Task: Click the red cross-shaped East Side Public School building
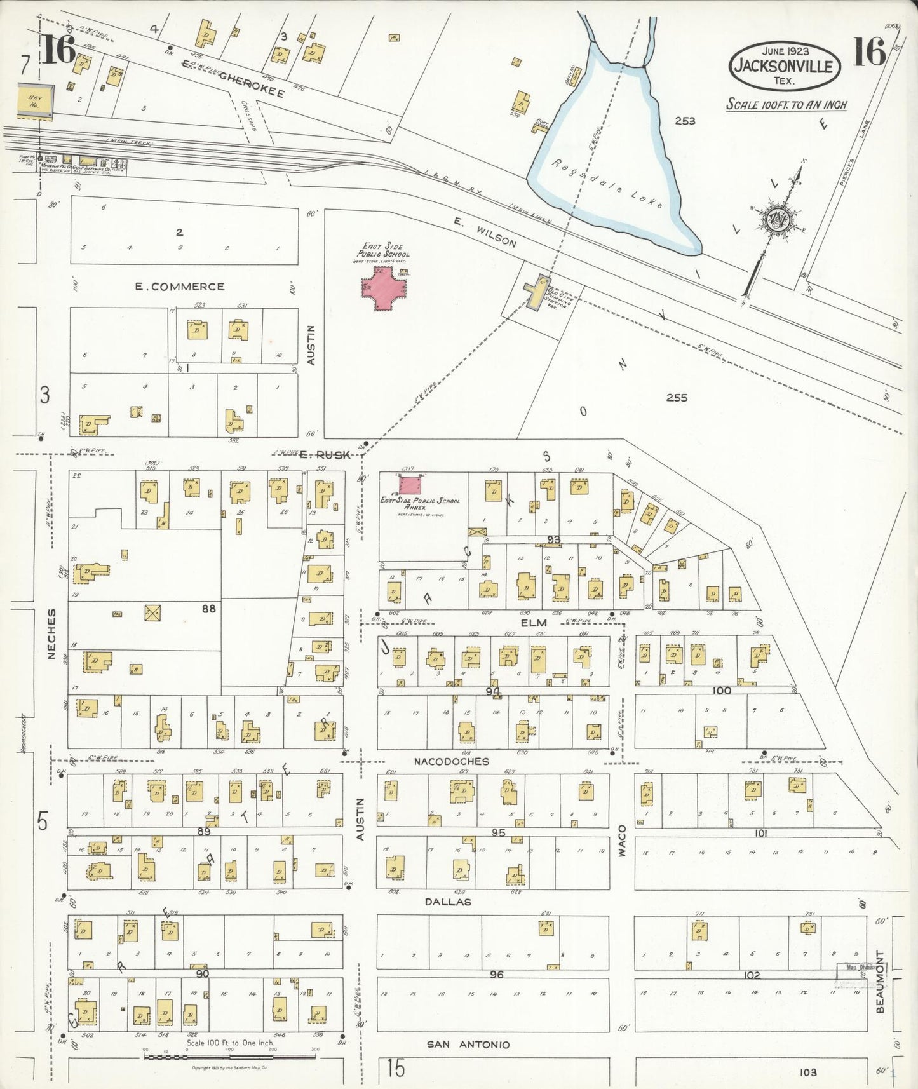pyautogui.click(x=384, y=289)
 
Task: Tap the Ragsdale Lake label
pyautogui.click(x=606, y=184)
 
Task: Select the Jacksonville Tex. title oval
pyautogui.click(x=785, y=65)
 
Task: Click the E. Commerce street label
pyautogui.click(x=180, y=287)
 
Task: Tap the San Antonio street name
pyautogui.click(x=468, y=1044)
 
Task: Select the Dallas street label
pyautogui.click(x=448, y=902)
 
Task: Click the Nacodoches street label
pyautogui.click(x=451, y=761)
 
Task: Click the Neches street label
pyautogui.click(x=51, y=633)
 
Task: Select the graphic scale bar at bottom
pyautogui.click(x=230, y=1057)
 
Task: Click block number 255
pyautogui.click(x=677, y=398)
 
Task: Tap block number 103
pyautogui.click(x=809, y=1072)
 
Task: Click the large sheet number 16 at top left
pyautogui.click(x=58, y=51)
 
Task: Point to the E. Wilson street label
pyautogui.click(x=485, y=232)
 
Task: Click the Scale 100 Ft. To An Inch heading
pyautogui.click(x=786, y=105)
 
